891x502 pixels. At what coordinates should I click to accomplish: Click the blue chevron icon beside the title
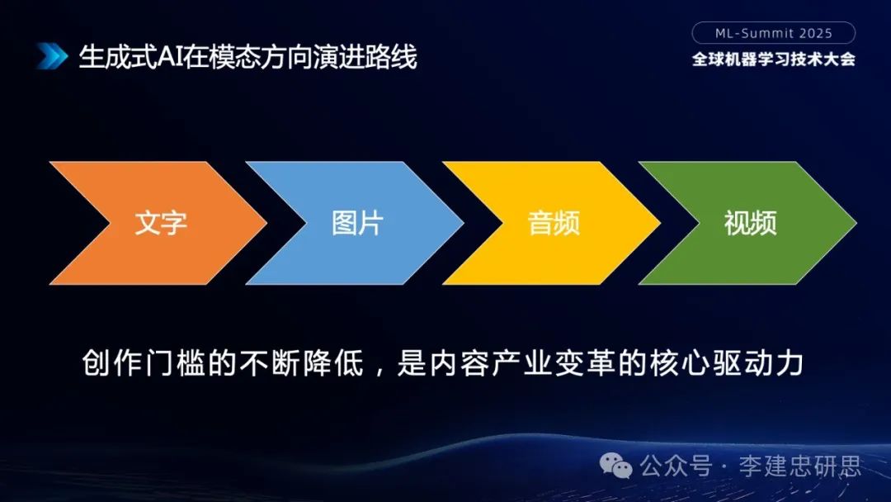pyautogui.click(x=51, y=56)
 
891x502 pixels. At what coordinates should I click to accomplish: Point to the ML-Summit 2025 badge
pyautogui.click(x=773, y=33)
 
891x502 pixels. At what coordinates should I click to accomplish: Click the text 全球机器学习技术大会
pyautogui.click(x=773, y=59)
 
